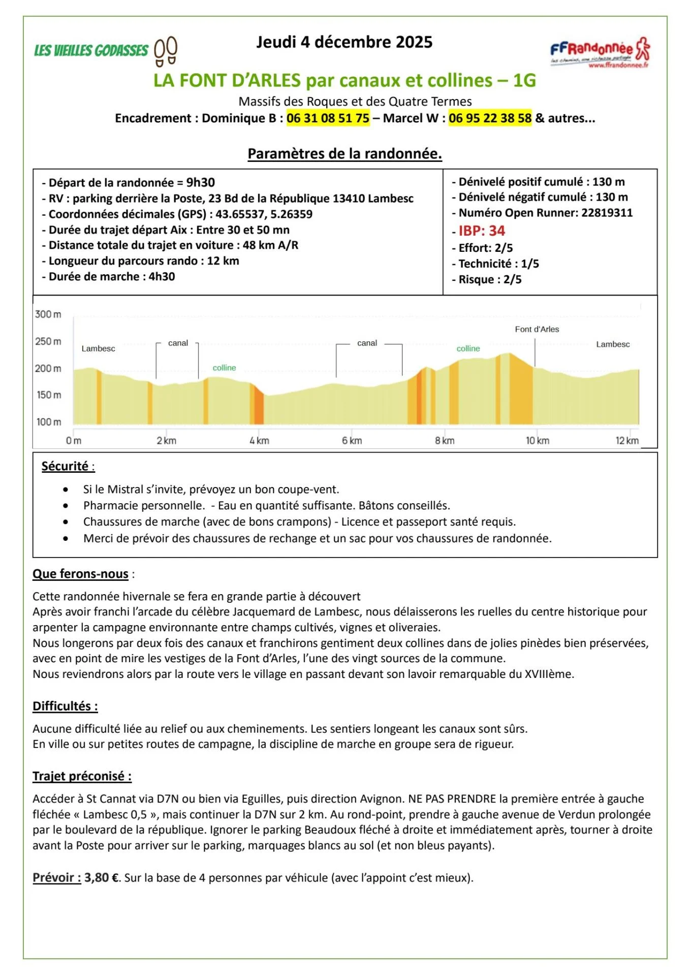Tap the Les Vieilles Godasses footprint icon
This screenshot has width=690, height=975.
tap(166, 51)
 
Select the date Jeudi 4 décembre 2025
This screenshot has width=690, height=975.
tap(344, 42)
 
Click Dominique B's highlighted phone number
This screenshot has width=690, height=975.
tap(328, 118)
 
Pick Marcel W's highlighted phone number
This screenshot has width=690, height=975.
tap(490, 118)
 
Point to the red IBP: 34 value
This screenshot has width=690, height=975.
tap(481, 231)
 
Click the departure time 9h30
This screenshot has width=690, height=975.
tap(200, 183)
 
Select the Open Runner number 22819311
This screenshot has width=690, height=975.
tap(607, 213)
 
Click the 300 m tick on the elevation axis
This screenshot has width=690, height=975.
tap(48, 314)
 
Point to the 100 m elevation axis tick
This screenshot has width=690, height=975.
tap(49, 422)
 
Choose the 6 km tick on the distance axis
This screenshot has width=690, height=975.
tap(352, 441)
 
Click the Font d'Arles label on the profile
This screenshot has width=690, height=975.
tap(537, 330)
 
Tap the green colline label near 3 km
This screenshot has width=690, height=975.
tap(224, 368)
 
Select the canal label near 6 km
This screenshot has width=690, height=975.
tap(367, 343)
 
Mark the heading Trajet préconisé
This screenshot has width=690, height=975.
tap(81, 776)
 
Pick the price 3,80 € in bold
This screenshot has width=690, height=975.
tap(102, 877)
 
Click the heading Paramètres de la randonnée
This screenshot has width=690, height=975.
tap(344, 154)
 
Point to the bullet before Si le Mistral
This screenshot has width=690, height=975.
tap(66, 490)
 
